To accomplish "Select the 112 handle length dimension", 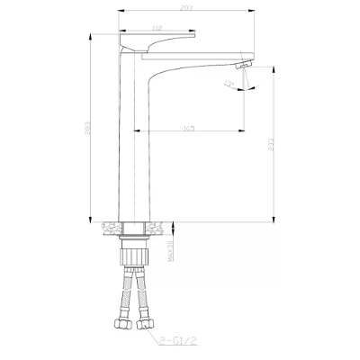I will [x=157, y=28].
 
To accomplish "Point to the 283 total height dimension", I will [x=86, y=129].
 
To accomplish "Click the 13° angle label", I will [x=231, y=85].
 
